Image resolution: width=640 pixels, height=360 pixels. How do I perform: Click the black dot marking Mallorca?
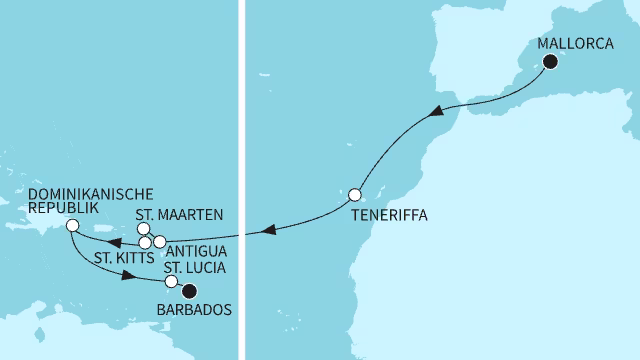pos(550,62)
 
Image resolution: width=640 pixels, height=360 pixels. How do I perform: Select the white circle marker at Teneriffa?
pos(354,194)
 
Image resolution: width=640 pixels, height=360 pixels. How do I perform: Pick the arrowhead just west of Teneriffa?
pos(266,231)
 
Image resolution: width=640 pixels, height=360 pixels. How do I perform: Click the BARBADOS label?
pos(195,309)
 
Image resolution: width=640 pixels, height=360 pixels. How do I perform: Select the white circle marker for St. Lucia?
pos(171,282)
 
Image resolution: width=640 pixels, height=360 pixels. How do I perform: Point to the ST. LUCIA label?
pos(195,267)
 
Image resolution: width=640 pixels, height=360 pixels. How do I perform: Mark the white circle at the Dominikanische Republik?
pos(72,226)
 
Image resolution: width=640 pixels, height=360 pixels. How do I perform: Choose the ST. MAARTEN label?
pos(178,214)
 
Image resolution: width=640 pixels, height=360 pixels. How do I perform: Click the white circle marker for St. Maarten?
pos(144,229)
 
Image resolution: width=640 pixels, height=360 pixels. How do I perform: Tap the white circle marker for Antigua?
pos(160,242)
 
